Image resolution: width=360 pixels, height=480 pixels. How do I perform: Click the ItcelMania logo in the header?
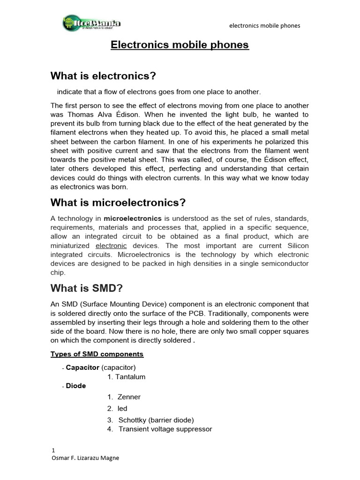(x=92, y=23)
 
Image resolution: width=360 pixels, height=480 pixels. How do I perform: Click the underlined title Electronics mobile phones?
(x=180, y=45)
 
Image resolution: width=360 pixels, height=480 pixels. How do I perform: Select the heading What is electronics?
(x=103, y=76)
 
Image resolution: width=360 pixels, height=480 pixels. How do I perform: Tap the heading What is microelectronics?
(x=118, y=202)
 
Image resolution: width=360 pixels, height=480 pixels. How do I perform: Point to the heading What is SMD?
(x=83, y=288)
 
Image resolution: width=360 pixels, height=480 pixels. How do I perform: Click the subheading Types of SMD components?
(x=97, y=354)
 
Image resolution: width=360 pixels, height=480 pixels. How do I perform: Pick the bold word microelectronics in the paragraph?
(x=133, y=218)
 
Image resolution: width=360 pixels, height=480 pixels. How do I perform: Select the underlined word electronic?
(x=111, y=246)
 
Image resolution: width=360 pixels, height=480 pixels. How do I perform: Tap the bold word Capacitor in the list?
(x=82, y=367)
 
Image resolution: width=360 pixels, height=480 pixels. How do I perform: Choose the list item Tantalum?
(x=127, y=377)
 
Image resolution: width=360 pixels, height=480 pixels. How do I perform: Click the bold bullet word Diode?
(x=76, y=386)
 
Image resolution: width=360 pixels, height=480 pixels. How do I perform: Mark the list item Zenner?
(x=129, y=397)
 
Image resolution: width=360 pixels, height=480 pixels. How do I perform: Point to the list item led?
(x=122, y=408)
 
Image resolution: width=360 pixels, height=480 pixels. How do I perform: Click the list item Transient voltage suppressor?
(x=165, y=429)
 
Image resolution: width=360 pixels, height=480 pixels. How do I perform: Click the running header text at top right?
(x=264, y=25)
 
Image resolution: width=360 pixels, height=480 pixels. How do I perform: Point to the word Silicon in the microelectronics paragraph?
(x=296, y=246)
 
